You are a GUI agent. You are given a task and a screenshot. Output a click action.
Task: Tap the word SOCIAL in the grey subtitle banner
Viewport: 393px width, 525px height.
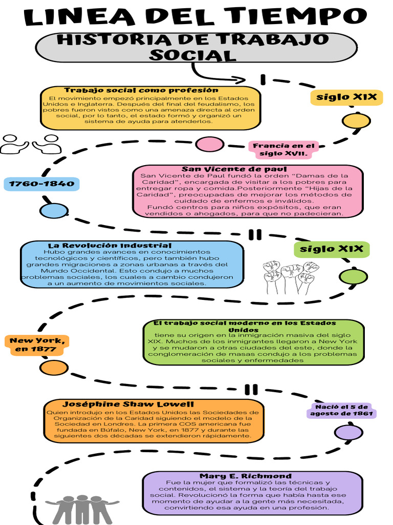coord(192,55)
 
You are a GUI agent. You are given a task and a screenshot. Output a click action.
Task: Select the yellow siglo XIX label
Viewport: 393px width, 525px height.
coord(346,97)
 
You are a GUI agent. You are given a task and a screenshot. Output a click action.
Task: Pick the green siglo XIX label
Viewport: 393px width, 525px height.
coord(332,249)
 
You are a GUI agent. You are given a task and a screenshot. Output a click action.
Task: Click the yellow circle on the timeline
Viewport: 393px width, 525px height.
coord(356,120)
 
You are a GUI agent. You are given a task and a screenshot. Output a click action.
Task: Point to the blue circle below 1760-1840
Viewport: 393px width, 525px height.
coord(54,211)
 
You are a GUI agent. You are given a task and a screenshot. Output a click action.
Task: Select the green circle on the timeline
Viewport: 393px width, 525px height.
coord(353,276)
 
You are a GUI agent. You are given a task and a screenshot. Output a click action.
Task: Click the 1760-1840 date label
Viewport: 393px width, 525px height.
coord(41,184)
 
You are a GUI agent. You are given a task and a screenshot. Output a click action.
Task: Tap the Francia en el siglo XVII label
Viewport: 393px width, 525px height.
coord(283,149)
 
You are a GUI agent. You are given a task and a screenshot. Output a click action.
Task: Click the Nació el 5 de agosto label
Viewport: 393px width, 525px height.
coord(341,410)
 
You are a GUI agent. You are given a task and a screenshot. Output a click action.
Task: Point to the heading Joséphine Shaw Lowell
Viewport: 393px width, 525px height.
coord(128,404)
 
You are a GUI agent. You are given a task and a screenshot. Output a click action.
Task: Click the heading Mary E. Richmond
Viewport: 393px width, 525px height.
coord(246,476)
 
